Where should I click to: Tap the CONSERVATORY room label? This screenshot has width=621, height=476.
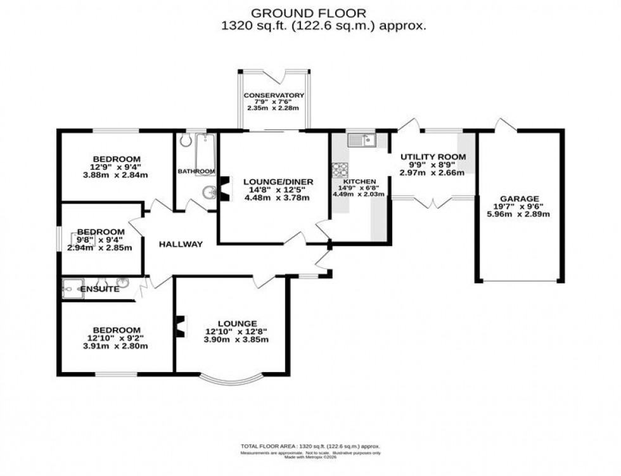point(274,96)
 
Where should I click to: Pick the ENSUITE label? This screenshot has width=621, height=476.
point(100,289)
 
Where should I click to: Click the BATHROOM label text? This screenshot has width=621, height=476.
point(196,171)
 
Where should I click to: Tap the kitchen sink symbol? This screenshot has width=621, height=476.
point(362,139)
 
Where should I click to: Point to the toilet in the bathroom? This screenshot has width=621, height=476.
point(185,140)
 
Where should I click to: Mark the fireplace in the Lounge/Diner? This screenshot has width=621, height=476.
point(224,188)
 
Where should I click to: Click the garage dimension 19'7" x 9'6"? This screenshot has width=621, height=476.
point(522,207)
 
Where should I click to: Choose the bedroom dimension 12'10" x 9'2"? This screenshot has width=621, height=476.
point(116,338)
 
